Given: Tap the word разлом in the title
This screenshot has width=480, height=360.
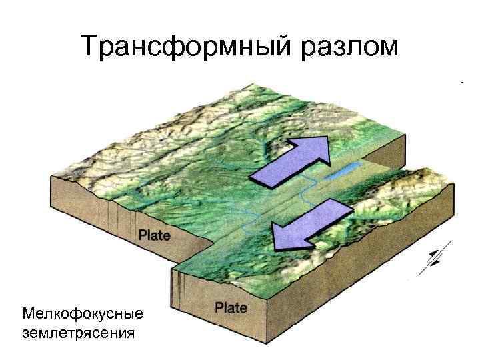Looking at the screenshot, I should pyautogui.click(x=349, y=47).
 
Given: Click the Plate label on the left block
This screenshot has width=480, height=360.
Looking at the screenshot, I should pyautogui.click(x=154, y=235).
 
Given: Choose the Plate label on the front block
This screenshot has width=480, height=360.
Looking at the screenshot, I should pyautogui.click(x=231, y=308).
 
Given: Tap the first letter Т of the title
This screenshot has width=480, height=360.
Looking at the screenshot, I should pyautogui.click(x=89, y=47).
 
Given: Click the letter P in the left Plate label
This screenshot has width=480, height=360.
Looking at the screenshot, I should pyautogui.click(x=142, y=235).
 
